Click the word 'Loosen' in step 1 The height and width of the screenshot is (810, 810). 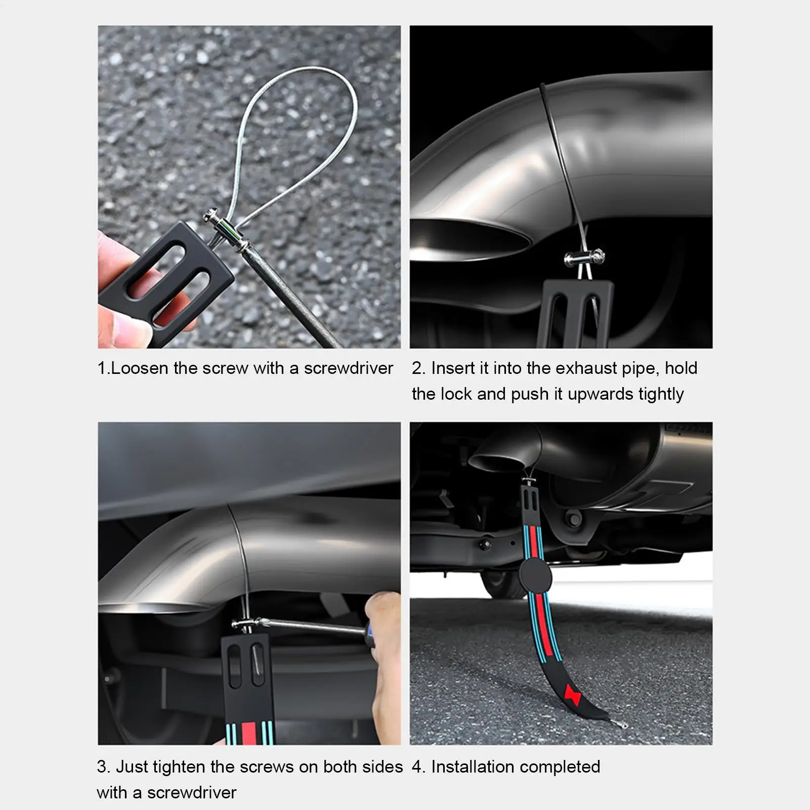point(140,368)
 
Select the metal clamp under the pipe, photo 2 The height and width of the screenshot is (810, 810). point(583,259)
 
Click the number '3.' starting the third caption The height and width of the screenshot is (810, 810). point(103,767)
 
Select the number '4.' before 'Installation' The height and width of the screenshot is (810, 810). point(418,767)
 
